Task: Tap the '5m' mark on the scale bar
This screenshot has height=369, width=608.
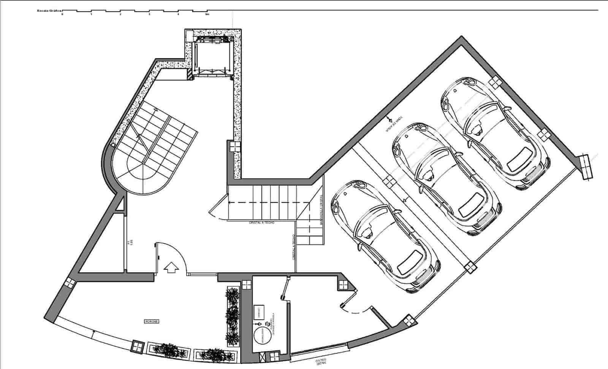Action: click(x=207, y=14)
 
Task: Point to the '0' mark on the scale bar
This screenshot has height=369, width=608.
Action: click(x=62, y=14)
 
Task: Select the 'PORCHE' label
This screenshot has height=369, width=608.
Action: click(x=151, y=321)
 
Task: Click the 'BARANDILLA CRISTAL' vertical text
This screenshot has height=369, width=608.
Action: click(x=321, y=210)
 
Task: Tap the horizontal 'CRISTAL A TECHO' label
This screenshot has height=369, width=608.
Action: click(x=261, y=223)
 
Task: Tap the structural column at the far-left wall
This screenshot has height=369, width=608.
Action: click(x=70, y=282)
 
